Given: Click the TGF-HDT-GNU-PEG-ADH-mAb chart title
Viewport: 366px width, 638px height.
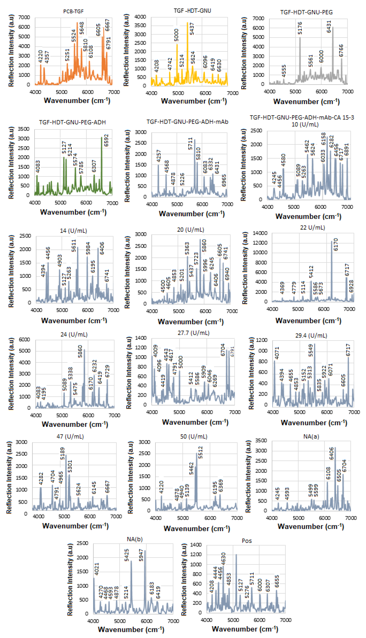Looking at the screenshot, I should (187, 122).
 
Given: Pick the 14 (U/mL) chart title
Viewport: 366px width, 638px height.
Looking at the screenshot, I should (73, 231).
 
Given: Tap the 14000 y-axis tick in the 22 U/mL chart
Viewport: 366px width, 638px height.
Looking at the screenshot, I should (260, 233).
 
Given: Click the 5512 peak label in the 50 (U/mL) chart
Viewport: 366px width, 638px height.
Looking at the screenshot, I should (200, 452).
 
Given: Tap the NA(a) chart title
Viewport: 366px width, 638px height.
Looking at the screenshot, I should (311, 436).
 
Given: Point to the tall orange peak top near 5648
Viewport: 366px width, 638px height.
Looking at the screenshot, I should (77, 23).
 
